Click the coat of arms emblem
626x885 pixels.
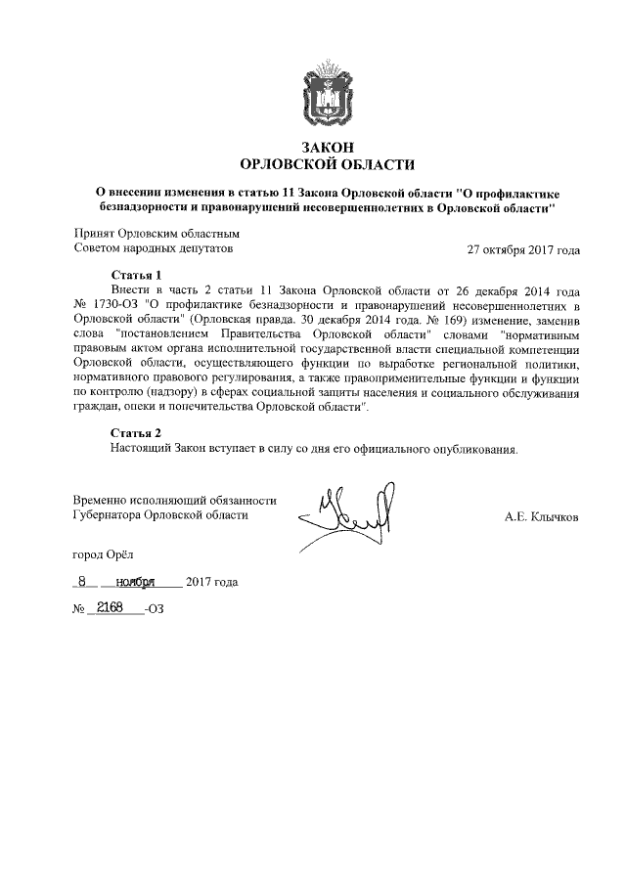(x=328, y=90)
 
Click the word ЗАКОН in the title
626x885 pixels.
(x=327, y=146)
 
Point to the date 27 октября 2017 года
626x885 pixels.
(x=523, y=249)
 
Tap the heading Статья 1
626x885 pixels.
(x=135, y=276)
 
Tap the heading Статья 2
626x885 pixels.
(x=135, y=432)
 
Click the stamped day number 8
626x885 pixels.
(x=85, y=581)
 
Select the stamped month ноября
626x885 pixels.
(x=136, y=582)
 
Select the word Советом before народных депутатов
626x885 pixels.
(x=97, y=249)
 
